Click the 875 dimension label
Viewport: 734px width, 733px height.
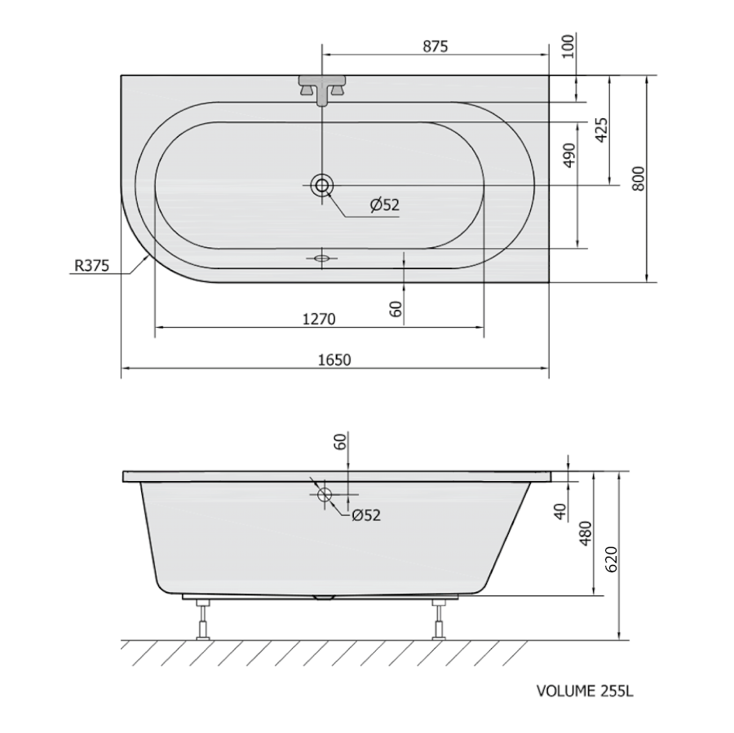coord(436,46)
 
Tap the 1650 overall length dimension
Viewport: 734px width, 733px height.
coord(334,360)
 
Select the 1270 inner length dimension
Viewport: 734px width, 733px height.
coord(319,320)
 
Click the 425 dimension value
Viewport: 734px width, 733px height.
coord(602,130)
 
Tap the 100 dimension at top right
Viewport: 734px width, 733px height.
coord(568,46)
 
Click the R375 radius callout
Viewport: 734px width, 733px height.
coord(91,266)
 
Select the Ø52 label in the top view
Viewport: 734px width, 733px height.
coord(385,205)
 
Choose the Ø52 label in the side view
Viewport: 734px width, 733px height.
coord(366,515)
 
